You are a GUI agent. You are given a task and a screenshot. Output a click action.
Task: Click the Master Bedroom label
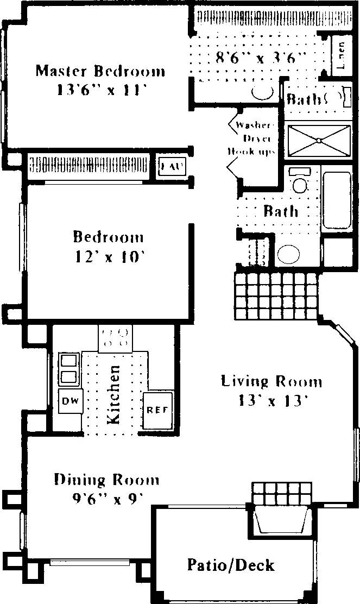coord(100,71)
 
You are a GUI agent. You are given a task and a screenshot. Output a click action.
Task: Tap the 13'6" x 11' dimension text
coord(100,90)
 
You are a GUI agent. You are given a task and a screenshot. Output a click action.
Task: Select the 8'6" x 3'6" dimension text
coord(262,58)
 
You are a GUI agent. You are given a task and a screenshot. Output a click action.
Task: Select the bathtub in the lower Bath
coord(337,202)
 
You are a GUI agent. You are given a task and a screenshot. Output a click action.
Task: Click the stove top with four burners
coord(115,337)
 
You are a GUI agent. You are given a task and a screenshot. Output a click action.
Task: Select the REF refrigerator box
coord(157,410)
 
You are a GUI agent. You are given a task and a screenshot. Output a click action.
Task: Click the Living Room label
coord(271,381)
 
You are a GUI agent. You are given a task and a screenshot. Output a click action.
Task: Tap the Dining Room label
coord(106,480)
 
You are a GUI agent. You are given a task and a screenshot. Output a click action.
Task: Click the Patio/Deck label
coord(231,565)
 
